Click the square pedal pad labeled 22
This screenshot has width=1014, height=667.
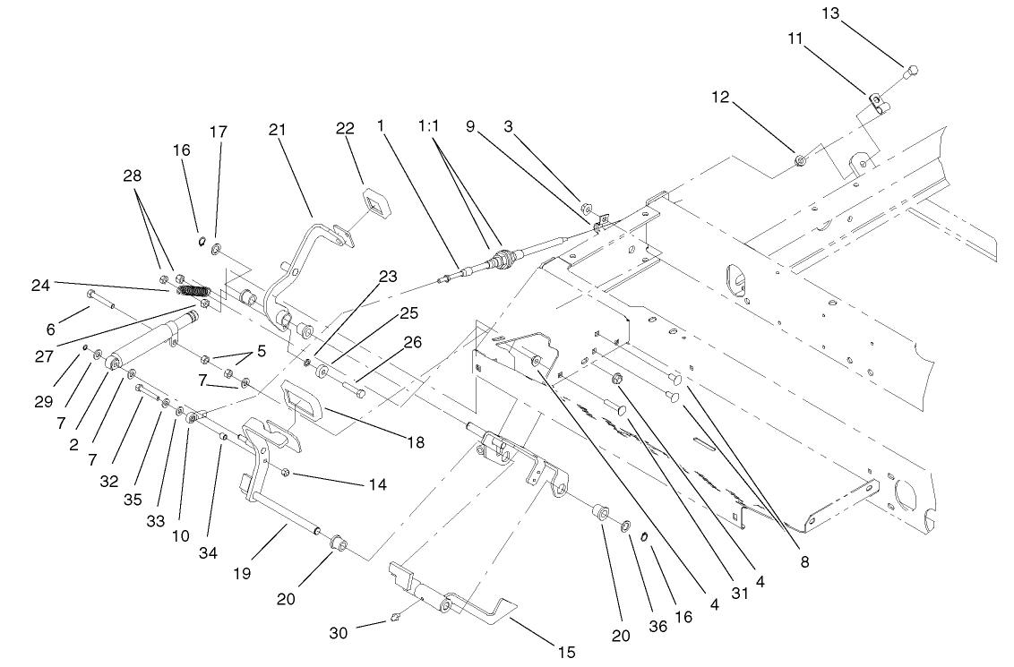(374, 201)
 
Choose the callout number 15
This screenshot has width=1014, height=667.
(564, 651)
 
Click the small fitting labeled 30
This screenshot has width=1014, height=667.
(396, 617)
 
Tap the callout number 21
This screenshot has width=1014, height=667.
(277, 130)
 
